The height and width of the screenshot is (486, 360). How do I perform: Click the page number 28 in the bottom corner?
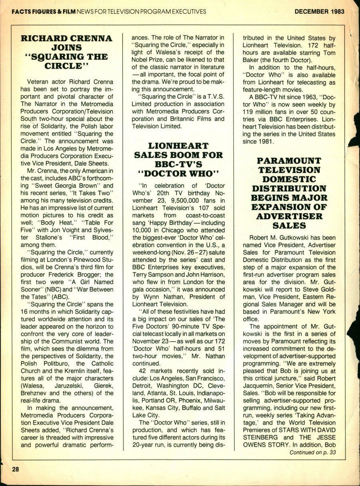pos(16,470)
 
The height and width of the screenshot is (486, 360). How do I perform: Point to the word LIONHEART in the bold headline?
pos(178,146)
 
